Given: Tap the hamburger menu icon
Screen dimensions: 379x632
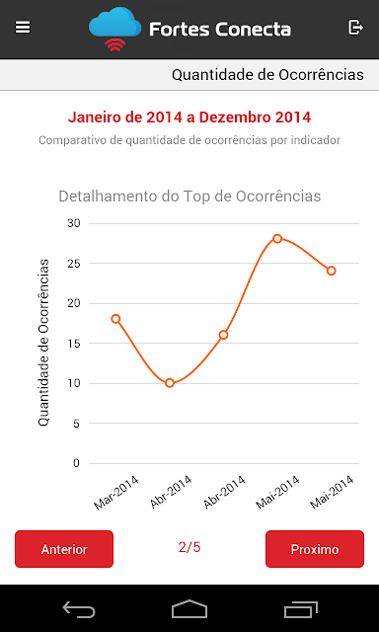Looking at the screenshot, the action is (23, 28).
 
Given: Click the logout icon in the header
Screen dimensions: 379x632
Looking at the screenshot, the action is (355, 28).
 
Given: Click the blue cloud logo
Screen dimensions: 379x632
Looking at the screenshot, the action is (114, 24).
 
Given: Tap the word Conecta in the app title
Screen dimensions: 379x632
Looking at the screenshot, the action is (253, 30).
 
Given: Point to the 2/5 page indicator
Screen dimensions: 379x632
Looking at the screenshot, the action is (189, 547).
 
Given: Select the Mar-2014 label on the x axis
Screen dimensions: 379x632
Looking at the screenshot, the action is (116, 493).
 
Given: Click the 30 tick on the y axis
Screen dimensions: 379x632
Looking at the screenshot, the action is (73, 223).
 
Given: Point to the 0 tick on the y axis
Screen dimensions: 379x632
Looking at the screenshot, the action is (77, 463).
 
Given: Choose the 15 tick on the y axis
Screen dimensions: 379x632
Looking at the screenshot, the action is (73, 344).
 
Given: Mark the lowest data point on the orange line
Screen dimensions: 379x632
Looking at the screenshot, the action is (170, 383).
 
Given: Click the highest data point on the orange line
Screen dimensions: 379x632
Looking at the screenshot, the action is (277, 239).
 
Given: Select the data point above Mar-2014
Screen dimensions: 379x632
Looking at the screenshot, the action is (116, 319).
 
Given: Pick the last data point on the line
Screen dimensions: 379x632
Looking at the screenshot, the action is (331, 271).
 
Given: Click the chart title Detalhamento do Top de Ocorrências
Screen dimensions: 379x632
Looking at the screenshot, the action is (189, 197).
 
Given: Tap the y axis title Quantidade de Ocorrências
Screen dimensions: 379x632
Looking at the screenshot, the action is (43, 343).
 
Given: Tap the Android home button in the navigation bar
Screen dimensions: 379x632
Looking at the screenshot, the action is (189, 609).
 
